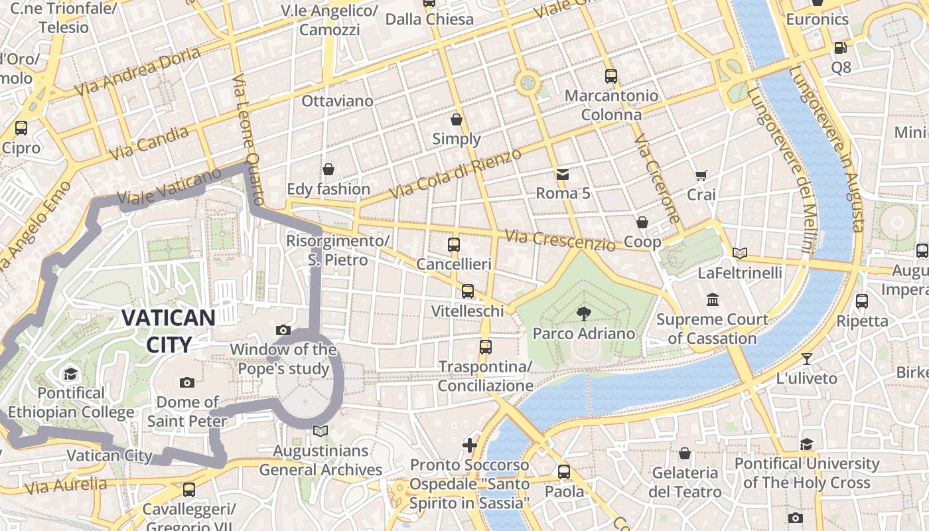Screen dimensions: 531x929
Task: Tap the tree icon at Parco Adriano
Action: pyautogui.click(x=583, y=313)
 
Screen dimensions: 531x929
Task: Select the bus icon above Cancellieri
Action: pyautogui.click(x=454, y=244)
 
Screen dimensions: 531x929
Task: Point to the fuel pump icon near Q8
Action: pyautogui.click(x=840, y=47)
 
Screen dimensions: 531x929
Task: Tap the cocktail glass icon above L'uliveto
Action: pyautogui.click(x=806, y=359)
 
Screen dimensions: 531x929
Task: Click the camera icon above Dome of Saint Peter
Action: pyautogui.click(x=187, y=382)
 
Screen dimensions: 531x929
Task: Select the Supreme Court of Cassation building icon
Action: pyautogui.click(x=713, y=300)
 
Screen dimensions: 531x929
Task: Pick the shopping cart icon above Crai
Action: pyautogui.click(x=701, y=175)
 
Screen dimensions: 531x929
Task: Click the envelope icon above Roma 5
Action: pyautogui.click(x=563, y=175)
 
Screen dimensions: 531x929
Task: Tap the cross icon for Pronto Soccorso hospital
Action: pyautogui.click(x=470, y=445)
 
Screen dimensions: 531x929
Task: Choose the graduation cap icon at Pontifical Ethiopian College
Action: pyautogui.click(x=70, y=374)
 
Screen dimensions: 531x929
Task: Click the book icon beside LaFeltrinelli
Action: pyautogui.click(x=740, y=253)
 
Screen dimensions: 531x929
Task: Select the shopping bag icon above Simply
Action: pyautogui.click(x=457, y=119)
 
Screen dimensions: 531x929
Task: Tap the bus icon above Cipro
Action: pyautogui.click(x=21, y=127)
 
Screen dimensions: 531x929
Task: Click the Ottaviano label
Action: pyautogui.click(x=337, y=101)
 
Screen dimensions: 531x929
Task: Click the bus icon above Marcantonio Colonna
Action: pyautogui.click(x=611, y=76)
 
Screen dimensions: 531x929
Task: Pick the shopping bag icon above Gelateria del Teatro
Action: pyautogui.click(x=685, y=453)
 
